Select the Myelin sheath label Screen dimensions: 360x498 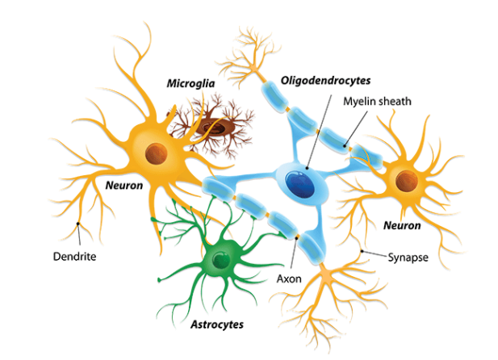(377, 101)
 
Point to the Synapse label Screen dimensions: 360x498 (408, 257)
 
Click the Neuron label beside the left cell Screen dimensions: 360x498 (123, 185)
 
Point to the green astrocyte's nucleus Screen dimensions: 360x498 (220, 260)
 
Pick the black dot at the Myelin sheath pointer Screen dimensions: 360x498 (347, 147)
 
